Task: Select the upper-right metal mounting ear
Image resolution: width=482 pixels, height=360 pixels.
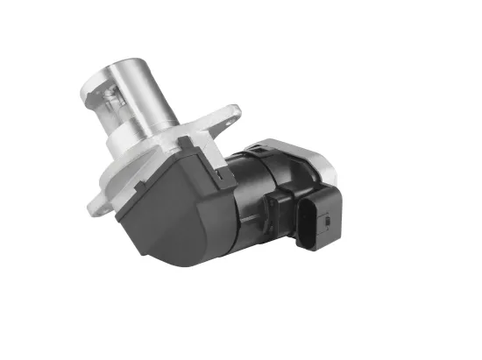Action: point(230,116)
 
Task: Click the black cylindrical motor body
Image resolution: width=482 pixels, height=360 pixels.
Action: point(254,201)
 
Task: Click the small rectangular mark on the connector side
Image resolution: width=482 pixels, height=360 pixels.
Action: point(325,222)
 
